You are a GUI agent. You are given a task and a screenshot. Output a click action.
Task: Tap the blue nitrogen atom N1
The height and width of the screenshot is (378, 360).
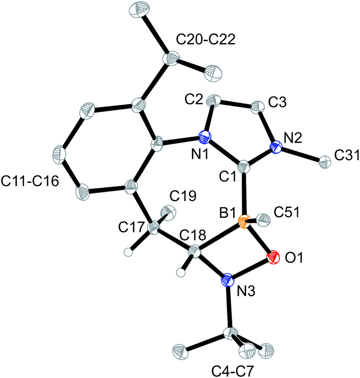205,138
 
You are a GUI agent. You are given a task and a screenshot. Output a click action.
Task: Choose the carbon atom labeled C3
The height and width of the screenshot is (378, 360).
257,106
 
